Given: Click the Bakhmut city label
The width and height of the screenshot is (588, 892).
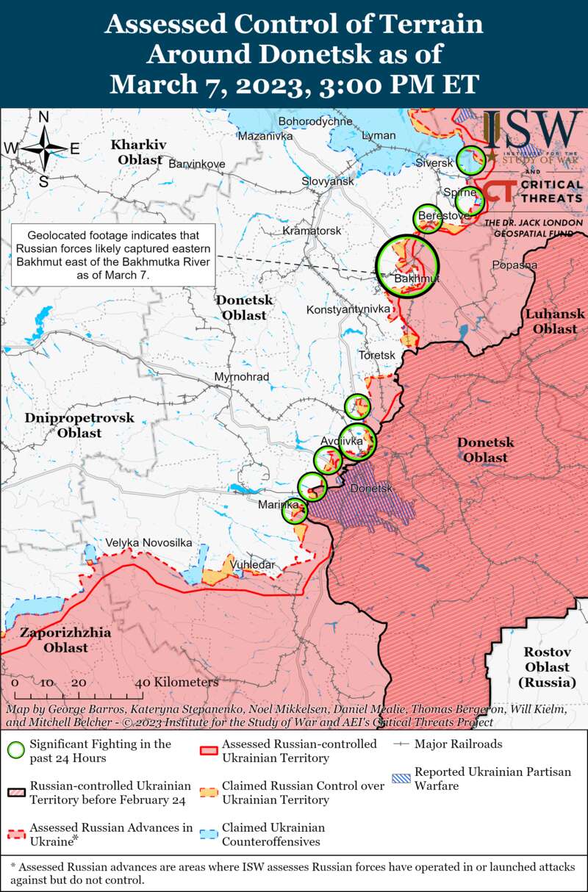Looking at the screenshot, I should click(x=417, y=280).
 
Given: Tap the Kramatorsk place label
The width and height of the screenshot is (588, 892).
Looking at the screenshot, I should click(x=312, y=231).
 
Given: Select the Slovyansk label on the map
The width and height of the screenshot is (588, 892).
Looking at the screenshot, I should click(x=328, y=181).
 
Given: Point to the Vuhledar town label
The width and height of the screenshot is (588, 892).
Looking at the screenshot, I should click(x=252, y=564).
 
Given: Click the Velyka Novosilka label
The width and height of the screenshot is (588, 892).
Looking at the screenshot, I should click(x=148, y=542).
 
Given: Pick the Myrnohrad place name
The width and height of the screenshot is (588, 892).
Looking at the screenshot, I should click(x=241, y=377).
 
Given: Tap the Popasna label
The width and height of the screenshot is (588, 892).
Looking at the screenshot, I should click(x=514, y=265).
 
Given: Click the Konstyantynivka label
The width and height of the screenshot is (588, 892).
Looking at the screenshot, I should click(x=348, y=309).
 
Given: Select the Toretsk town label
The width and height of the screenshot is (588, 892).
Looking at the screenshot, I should click(x=376, y=355).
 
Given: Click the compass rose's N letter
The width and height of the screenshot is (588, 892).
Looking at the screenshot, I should click(x=43, y=117).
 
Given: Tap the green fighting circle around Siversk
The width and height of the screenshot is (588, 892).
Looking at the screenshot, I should click(x=470, y=159).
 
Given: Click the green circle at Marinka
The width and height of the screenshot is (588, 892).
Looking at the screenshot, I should click(x=295, y=511).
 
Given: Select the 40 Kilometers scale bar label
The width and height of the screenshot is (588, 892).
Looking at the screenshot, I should click(x=180, y=683).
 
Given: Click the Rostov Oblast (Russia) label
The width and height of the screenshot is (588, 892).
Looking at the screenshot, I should click(x=547, y=667).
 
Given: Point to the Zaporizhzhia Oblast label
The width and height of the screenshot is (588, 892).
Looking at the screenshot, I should click(x=65, y=640).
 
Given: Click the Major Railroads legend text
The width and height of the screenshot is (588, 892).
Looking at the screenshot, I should click(x=458, y=744).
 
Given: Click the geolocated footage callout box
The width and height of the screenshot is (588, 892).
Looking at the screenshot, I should click(x=112, y=255).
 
